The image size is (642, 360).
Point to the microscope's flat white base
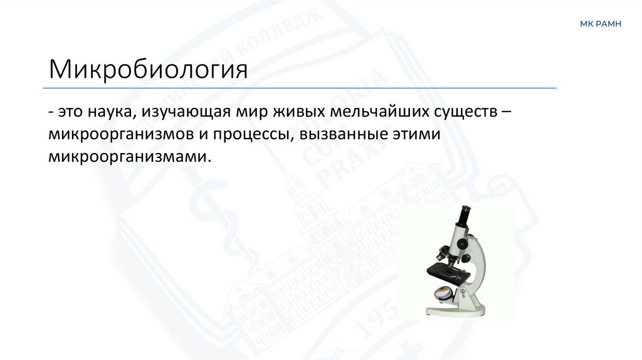coord(458,310)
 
